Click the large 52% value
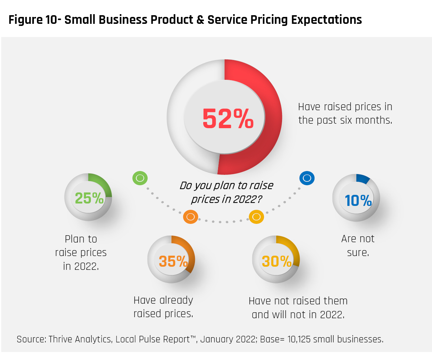228,119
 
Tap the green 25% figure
89,198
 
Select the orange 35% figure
173,261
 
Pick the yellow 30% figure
277,261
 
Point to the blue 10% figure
358,200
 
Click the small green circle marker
140,178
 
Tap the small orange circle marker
190,217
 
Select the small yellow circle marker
256,217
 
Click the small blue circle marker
307,178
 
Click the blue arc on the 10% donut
363,178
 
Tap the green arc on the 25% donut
102,183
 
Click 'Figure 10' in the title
32,20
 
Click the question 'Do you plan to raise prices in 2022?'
226,192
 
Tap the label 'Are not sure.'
358,246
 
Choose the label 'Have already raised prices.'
163,307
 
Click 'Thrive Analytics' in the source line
80,339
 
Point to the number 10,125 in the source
299,339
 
